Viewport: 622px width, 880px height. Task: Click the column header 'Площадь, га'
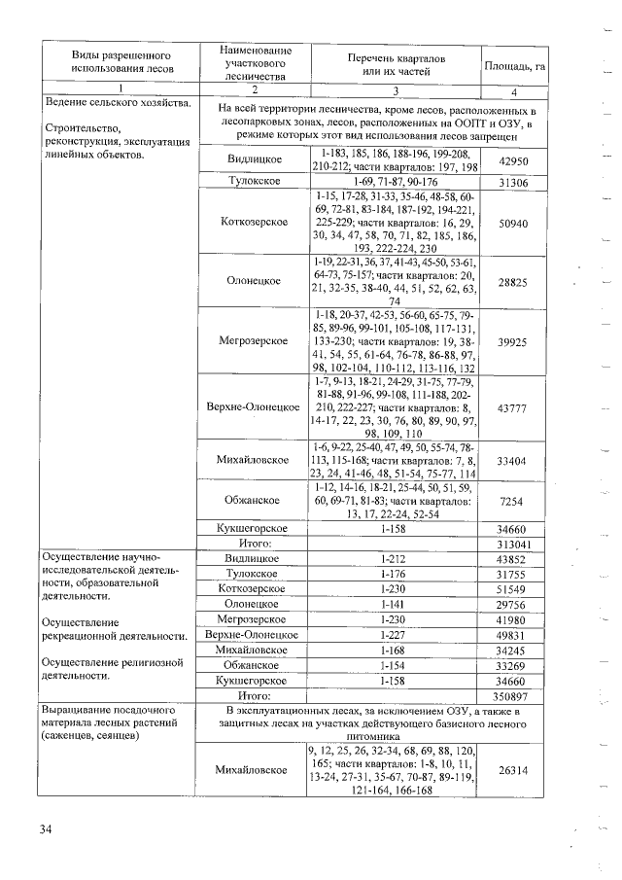526,65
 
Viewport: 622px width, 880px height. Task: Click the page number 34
46,828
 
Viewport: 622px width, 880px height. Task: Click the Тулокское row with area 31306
255,182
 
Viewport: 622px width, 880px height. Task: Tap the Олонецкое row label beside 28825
255,281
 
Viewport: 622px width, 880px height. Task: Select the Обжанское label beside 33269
255,666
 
